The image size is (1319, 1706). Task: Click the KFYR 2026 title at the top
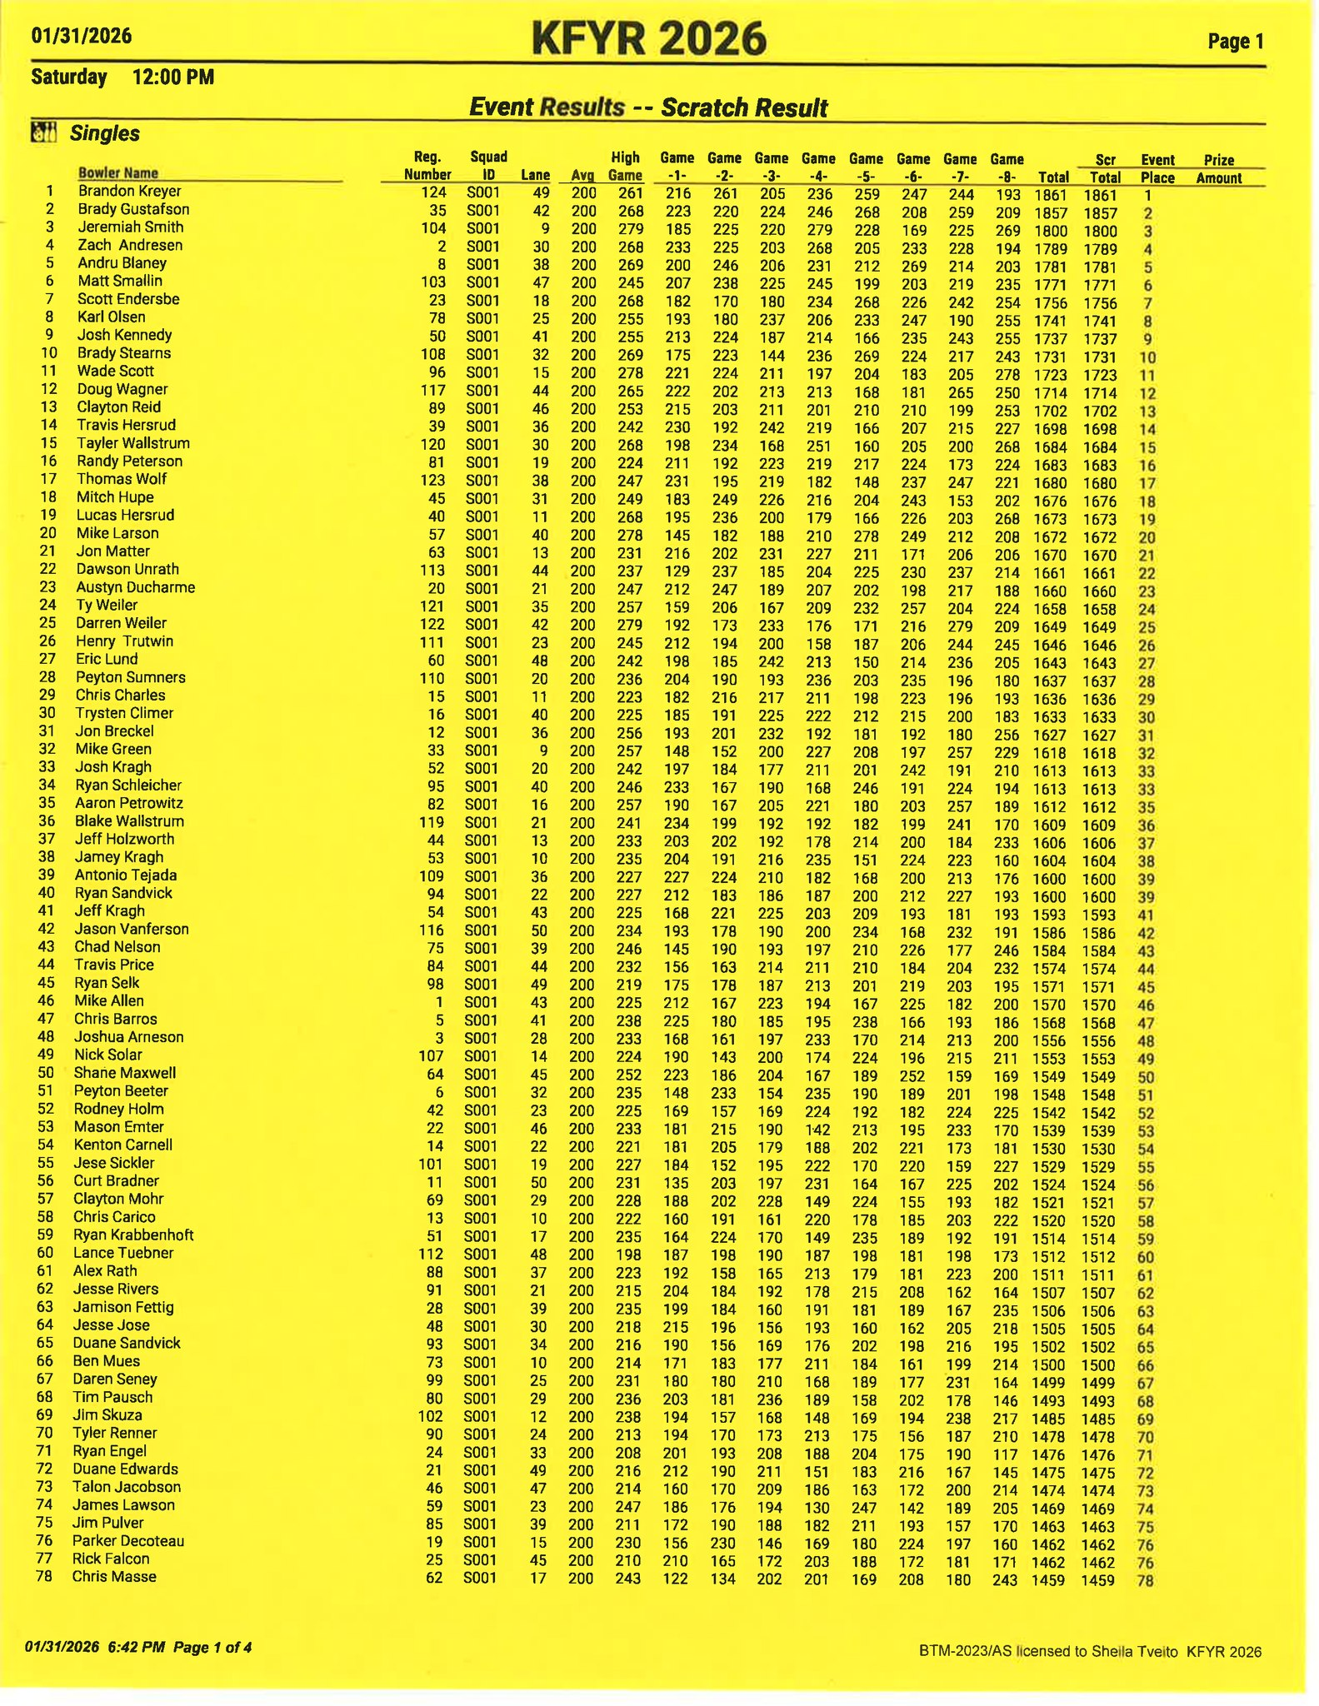(x=648, y=39)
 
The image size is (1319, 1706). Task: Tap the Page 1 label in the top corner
(x=1236, y=41)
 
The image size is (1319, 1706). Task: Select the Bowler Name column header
(x=117, y=172)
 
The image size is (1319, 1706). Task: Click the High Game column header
(x=625, y=166)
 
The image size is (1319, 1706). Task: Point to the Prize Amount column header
(x=1218, y=168)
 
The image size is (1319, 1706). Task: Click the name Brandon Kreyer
(x=129, y=191)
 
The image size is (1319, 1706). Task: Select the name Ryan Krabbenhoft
(x=133, y=1235)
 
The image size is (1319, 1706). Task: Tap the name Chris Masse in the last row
(x=114, y=1576)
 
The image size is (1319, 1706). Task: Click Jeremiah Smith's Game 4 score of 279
(x=819, y=230)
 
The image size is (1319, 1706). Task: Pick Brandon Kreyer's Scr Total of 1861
(x=1100, y=195)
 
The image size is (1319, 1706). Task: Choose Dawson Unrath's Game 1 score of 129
(x=677, y=571)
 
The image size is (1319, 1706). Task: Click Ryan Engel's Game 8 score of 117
(x=1006, y=1453)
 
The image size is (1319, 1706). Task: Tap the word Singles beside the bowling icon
(x=105, y=133)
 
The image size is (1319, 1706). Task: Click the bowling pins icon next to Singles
(x=43, y=132)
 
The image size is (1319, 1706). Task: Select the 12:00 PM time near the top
(x=173, y=77)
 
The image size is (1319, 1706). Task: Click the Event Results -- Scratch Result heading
(x=648, y=107)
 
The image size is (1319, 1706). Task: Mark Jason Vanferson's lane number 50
(x=539, y=930)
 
